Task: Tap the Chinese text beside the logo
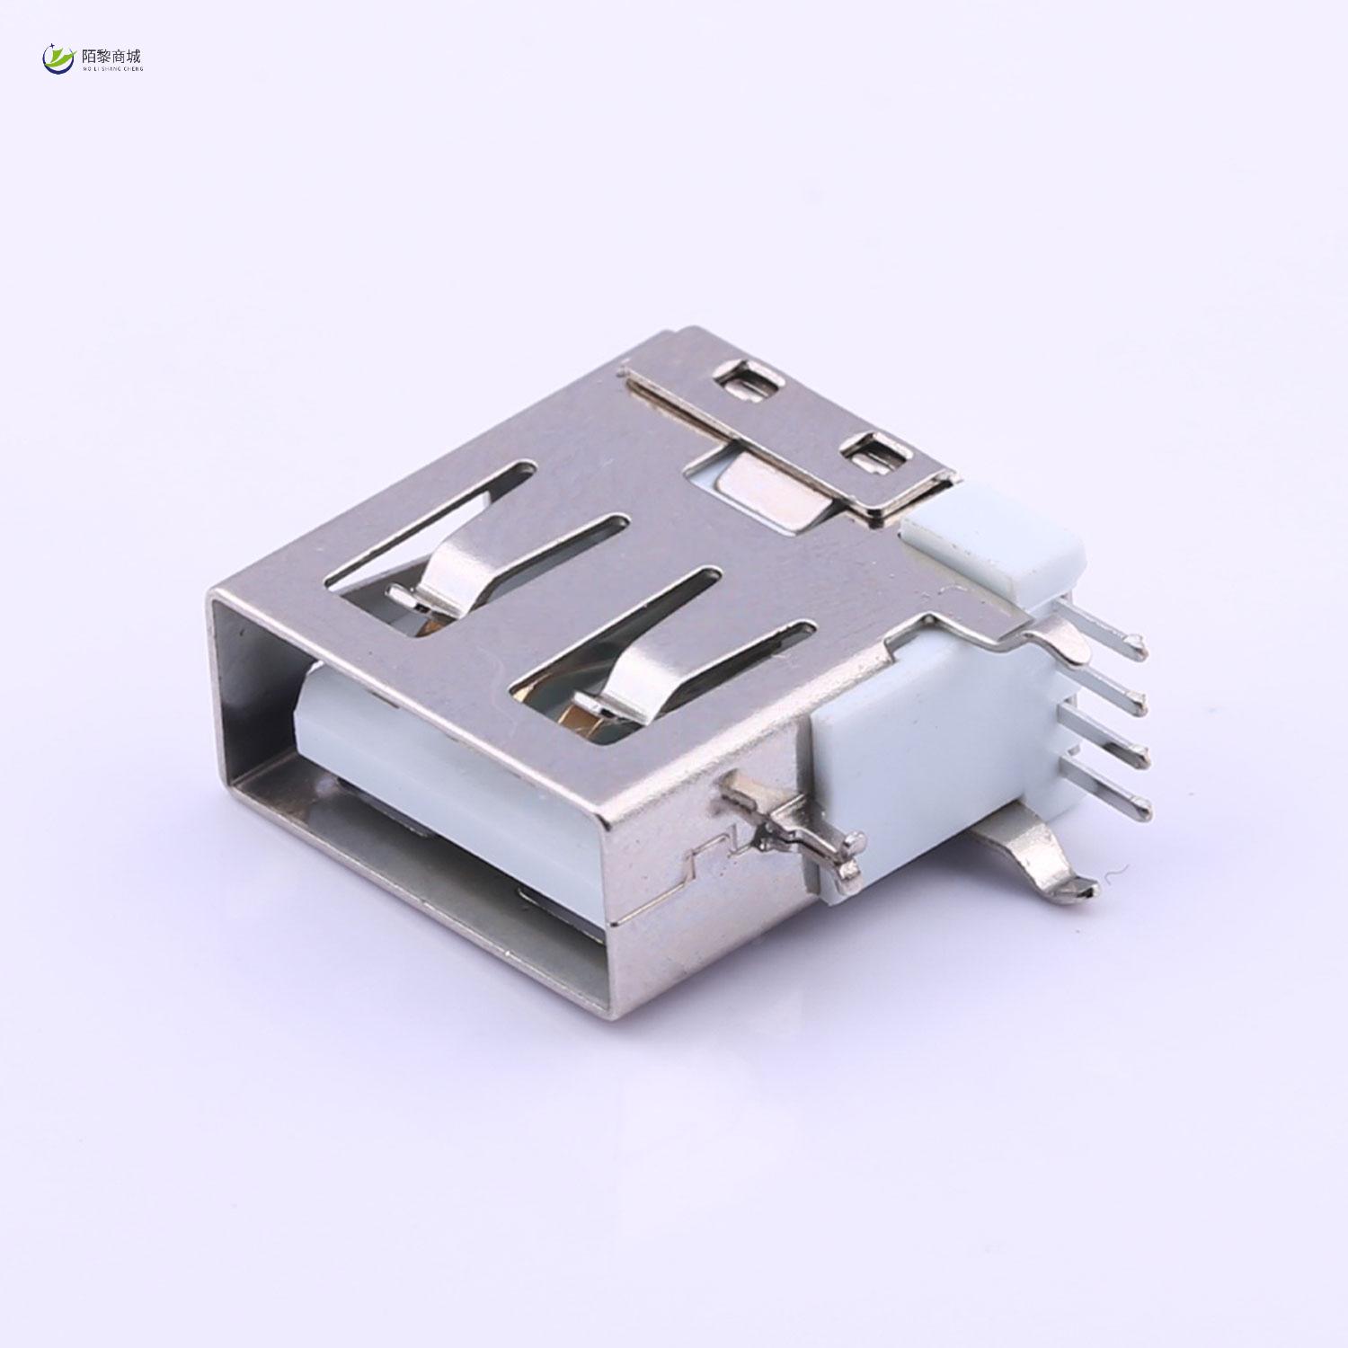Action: tap(112, 56)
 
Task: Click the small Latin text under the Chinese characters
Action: tap(112, 68)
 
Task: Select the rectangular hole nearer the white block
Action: tap(870, 454)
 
